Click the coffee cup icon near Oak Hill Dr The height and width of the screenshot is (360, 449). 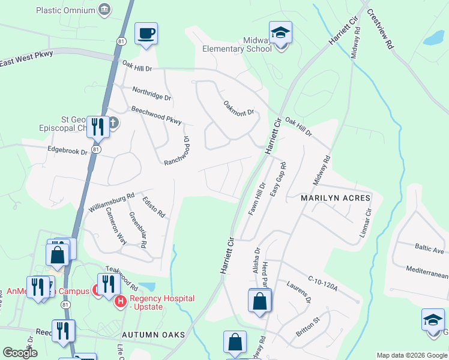[146, 34]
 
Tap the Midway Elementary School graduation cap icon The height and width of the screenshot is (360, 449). [280, 33]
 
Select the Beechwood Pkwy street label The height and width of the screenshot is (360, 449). [156, 115]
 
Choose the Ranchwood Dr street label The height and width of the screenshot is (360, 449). [176, 149]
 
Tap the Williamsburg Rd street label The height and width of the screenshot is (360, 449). [111, 202]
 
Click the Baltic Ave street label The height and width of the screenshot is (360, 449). [429, 247]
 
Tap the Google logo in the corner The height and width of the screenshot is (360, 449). [20, 353]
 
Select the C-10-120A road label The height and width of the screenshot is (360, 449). [322, 283]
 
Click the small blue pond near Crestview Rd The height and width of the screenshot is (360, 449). [434, 38]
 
